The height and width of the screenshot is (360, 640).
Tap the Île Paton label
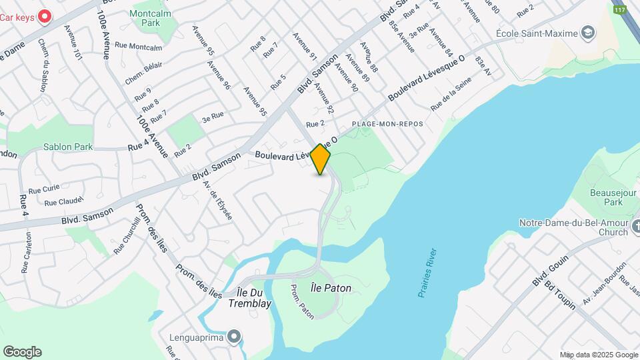331,288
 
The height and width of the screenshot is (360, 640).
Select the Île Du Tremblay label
254,298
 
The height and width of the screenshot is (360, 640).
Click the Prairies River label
428,272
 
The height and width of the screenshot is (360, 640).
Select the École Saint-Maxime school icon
588,33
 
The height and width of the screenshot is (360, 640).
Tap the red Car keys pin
45,16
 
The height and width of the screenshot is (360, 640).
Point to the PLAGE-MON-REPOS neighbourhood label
387,124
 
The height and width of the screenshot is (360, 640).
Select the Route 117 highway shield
620,10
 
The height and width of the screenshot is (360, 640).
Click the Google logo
22,352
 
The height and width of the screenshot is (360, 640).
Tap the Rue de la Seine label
451,94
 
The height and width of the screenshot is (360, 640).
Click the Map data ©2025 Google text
598,355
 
